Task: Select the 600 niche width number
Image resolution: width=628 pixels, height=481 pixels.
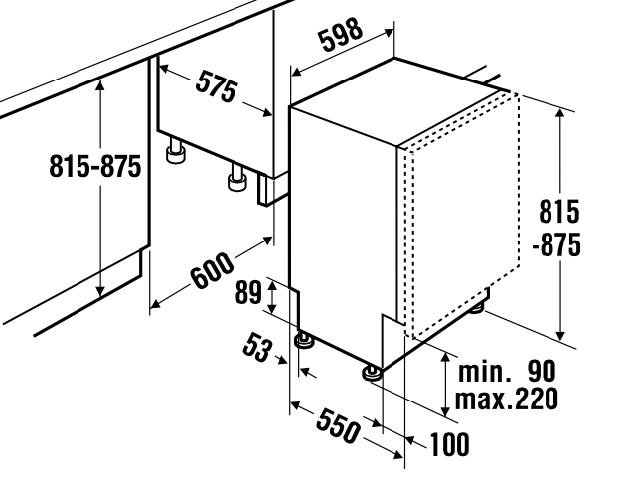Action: pyautogui.click(x=211, y=270)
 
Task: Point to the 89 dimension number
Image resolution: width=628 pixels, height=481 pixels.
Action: pyautogui.click(x=247, y=292)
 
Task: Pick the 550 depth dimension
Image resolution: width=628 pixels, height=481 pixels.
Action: pyautogui.click(x=338, y=426)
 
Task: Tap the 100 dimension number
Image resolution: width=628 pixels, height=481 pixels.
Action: pyautogui.click(x=450, y=445)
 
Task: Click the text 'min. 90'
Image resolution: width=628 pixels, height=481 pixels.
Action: pyautogui.click(x=507, y=372)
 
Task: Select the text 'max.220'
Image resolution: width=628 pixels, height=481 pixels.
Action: pyautogui.click(x=507, y=399)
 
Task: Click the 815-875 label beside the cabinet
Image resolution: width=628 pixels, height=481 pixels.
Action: pyautogui.click(x=95, y=167)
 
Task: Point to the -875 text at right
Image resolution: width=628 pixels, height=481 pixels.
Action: pyautogui.click(x=555, y=245)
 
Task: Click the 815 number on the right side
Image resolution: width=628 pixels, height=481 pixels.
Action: pyautogui.click(x=559, y=213)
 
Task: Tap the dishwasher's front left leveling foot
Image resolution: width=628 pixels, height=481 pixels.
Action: pyautogui.click(x=304, y=341)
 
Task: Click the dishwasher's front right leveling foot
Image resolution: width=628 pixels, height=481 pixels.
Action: pyautogui.click(x=372, y=373)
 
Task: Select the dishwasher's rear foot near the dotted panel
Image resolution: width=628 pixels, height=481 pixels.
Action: pyautogui.click(x=477, y=308)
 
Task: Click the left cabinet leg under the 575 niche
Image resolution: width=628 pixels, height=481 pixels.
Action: pyautogui.click(x=176, y=151)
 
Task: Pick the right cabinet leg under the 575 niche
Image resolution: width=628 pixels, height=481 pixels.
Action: pyautogui.click(x=236, y=179)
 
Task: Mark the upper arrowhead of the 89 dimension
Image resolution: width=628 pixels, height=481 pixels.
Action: pyautogui.click(x=272, y=284)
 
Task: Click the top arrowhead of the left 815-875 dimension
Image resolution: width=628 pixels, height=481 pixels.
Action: pyautogui.click(x=100, y=84)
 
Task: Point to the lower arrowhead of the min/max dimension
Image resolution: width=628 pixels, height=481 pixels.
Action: pyautogui.click(x=445, y=410)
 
